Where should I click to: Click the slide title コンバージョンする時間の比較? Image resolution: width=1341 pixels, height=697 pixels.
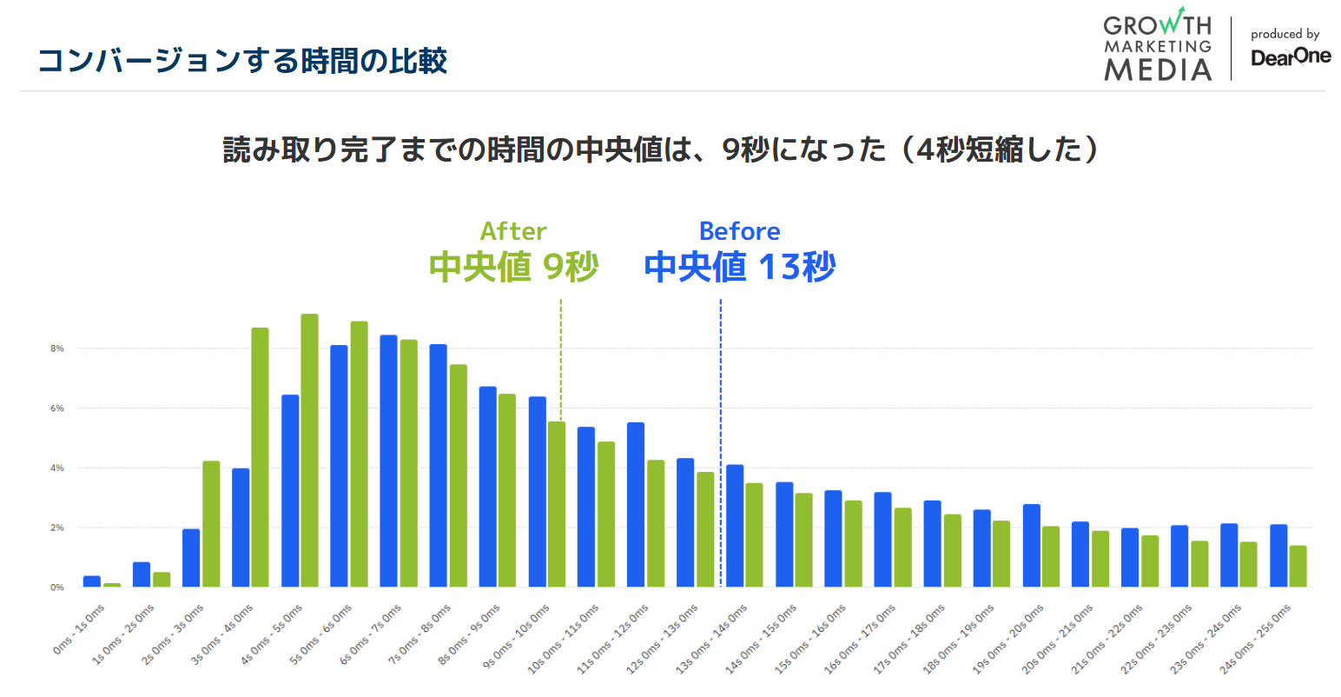click(242, 61)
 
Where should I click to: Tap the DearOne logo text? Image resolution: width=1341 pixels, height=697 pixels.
click(1290, 57)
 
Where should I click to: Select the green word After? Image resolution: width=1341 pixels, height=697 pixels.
click(513, 231)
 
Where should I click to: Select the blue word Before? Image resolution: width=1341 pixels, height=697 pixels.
click(739, 231)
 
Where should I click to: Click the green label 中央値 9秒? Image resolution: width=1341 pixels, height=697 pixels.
click(513, 267)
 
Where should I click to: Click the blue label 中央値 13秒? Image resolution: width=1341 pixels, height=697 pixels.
click(739, 267)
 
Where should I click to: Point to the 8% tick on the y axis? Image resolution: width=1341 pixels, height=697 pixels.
click(57, 348)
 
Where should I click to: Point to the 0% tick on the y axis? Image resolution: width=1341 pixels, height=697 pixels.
click(57, 587)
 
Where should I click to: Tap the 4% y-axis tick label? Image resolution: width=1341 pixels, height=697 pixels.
click(57, 468)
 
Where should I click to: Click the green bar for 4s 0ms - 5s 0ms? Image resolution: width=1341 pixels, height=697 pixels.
click(309, 450)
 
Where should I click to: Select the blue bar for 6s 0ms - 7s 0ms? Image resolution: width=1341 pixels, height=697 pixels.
click(388, 461)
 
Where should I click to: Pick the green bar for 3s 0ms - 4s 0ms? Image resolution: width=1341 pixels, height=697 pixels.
click(260, 457)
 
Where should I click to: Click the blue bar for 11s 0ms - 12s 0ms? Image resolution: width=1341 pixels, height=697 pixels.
click(636, 504)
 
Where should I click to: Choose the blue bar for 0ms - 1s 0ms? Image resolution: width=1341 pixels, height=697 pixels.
click(91, 581)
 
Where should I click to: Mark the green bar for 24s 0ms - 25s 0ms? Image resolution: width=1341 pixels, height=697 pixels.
click(1298, 566)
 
